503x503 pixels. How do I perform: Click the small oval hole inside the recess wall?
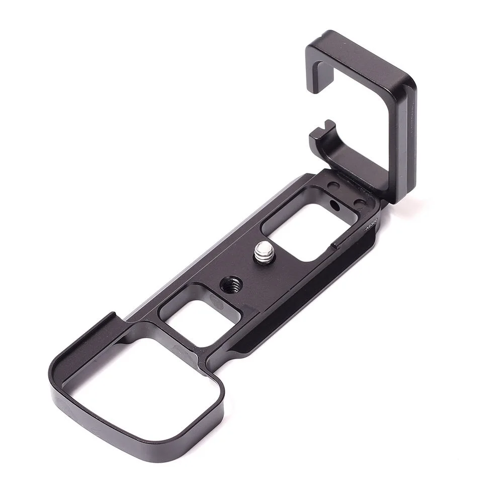point(334,205)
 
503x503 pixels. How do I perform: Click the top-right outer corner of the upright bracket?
point(410,80)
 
